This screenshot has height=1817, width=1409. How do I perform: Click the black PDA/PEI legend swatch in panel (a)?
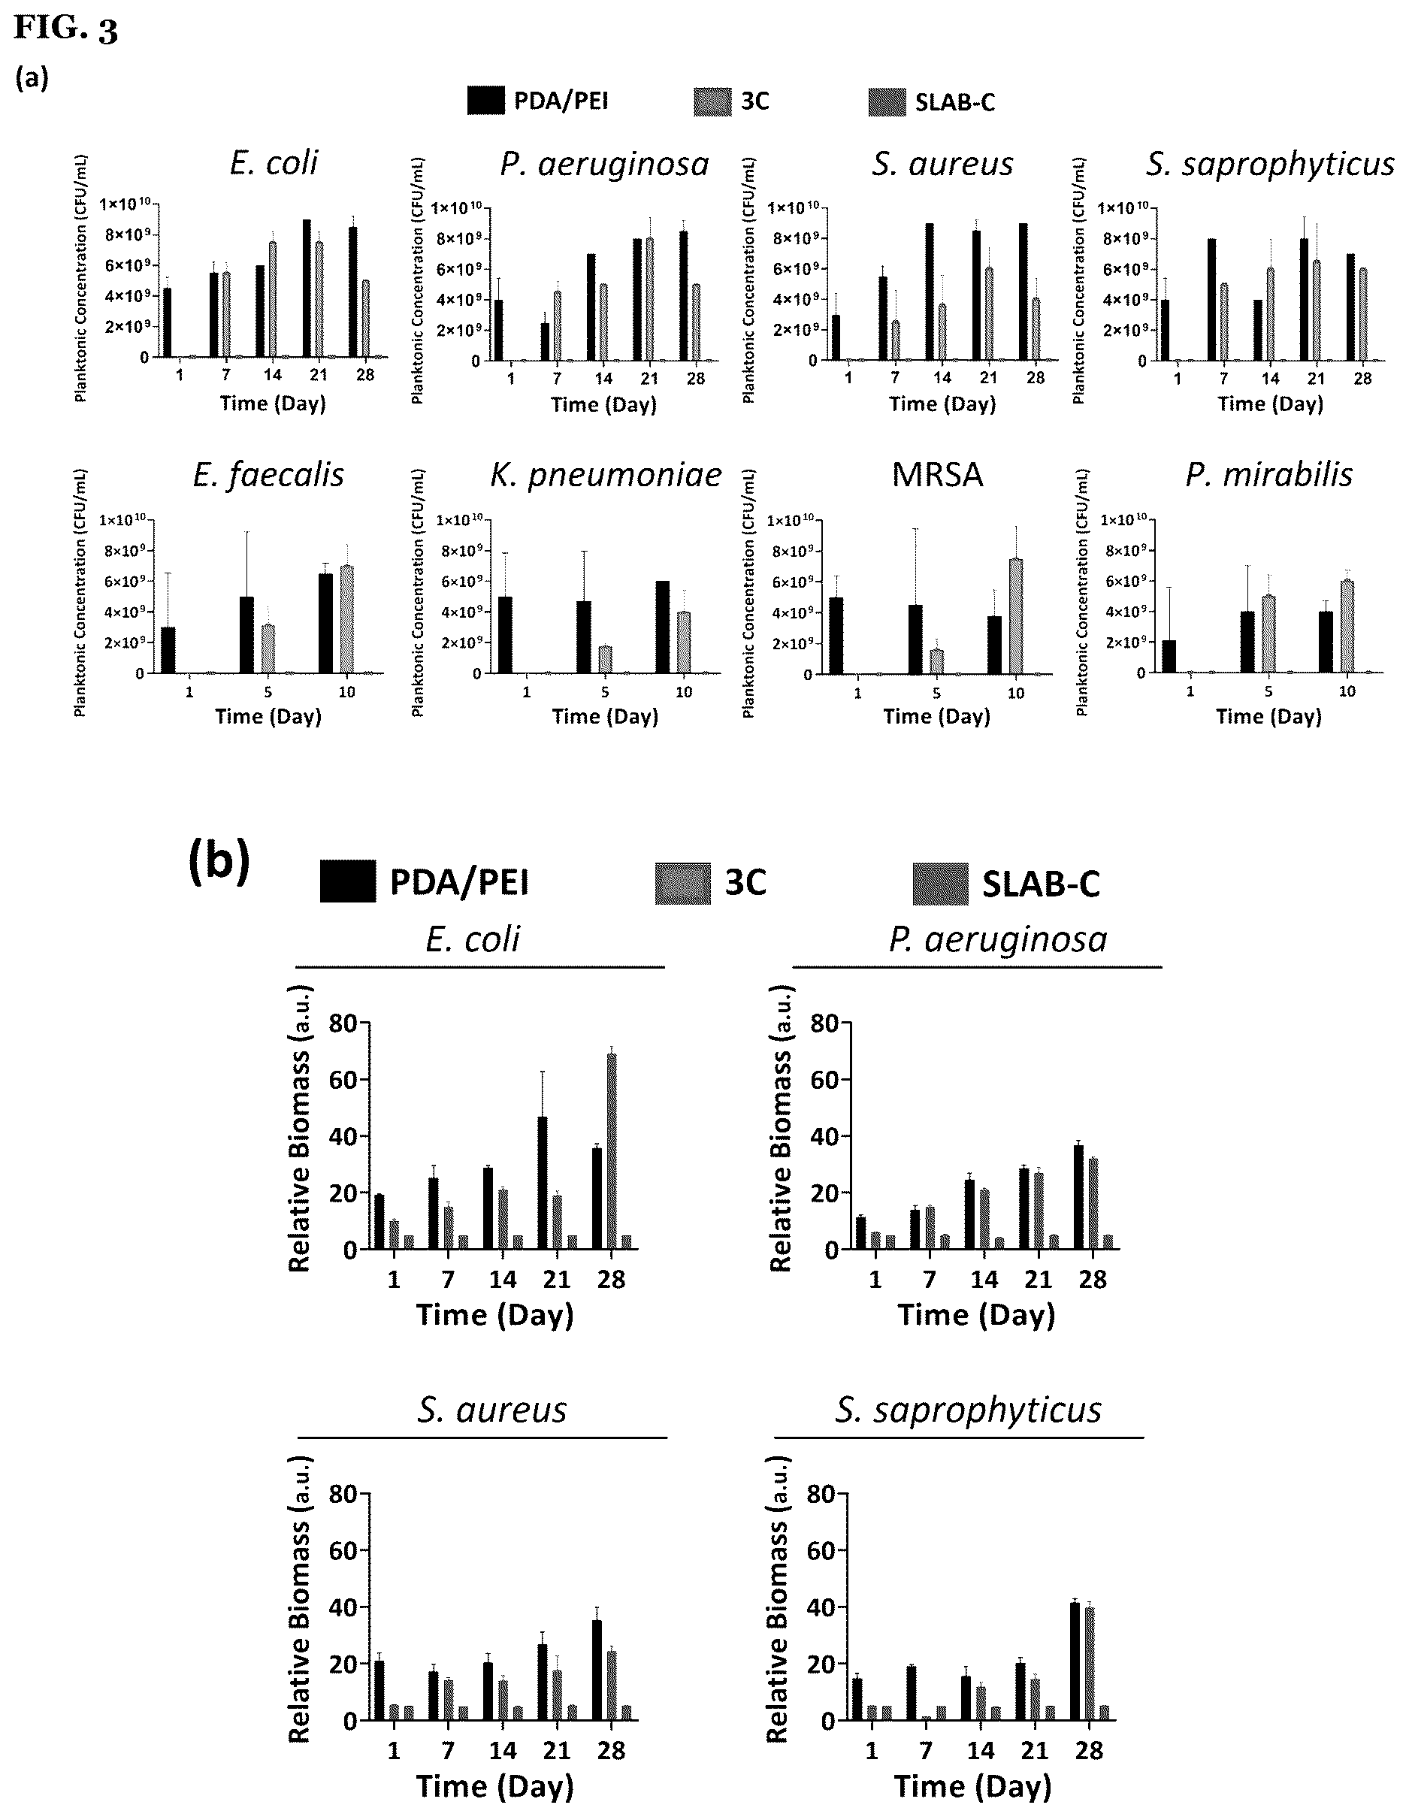(485, 101)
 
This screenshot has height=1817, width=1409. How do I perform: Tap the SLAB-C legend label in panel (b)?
(1041, 884)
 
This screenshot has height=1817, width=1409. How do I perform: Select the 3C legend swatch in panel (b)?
(683, 884)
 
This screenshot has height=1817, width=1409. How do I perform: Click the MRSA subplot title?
(937, 475)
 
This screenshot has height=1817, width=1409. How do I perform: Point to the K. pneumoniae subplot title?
(606, 476)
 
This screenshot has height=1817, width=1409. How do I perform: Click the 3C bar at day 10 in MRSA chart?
(1015, 616)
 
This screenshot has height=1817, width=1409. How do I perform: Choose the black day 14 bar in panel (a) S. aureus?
(929, 292)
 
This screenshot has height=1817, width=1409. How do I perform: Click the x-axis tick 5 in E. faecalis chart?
(268, 692)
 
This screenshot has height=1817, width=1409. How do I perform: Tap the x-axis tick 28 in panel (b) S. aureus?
(612, 1750)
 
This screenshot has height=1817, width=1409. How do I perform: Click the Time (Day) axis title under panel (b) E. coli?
(495, 1314)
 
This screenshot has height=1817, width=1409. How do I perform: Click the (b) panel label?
(219, 863)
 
